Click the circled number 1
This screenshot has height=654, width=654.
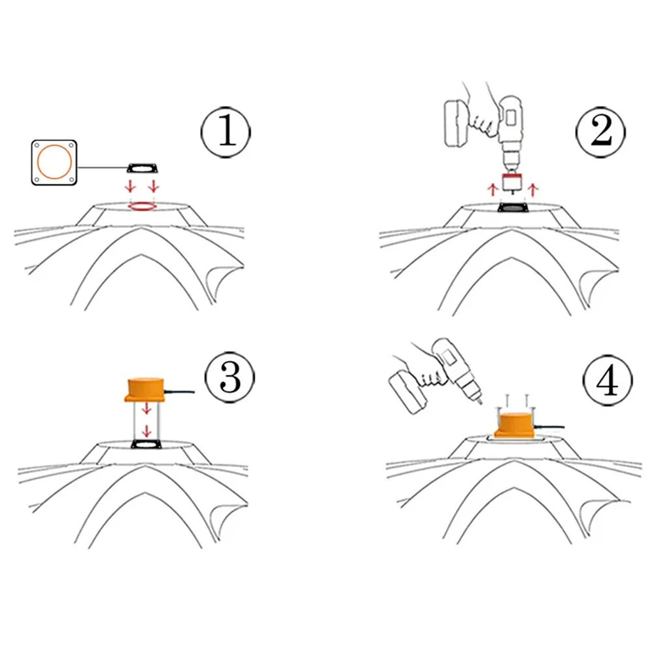(x=226, y=132)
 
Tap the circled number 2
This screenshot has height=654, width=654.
(x=600, y=132)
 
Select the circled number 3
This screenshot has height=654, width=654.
(x=230, y=377)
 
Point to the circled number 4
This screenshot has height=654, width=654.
(x=608, y=381)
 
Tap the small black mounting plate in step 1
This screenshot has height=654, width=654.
(x=142, y=167)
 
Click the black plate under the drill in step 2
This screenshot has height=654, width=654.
(x=513, y=207)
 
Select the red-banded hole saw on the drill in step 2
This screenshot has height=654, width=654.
(x=512, y=182)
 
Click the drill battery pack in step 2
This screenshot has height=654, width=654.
(x=456, y=123)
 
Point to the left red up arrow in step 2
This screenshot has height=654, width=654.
(x=492, y=190)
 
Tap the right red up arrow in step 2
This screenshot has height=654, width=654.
(x=532, y=190)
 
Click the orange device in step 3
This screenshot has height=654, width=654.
(x=145, y=390)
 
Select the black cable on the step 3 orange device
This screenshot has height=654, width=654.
(x=179, y=392)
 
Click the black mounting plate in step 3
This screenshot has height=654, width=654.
(x=146, y=445)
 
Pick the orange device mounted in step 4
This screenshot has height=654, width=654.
(x=514, y=424)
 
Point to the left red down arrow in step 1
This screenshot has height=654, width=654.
(x=131, y=186)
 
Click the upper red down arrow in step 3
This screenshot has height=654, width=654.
(x=146, y=408)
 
